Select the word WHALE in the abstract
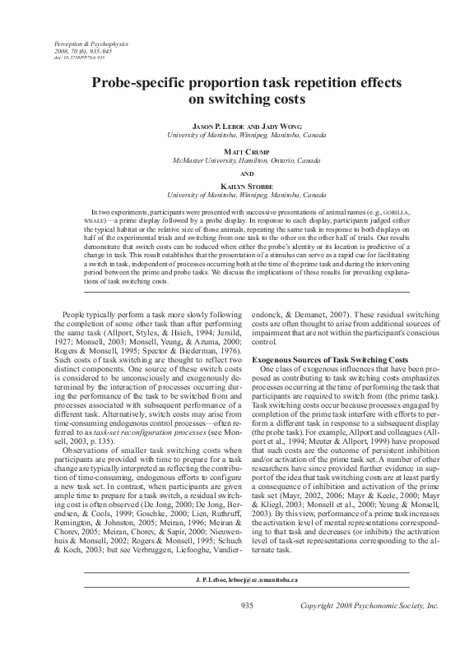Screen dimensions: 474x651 tap(101, 222)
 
